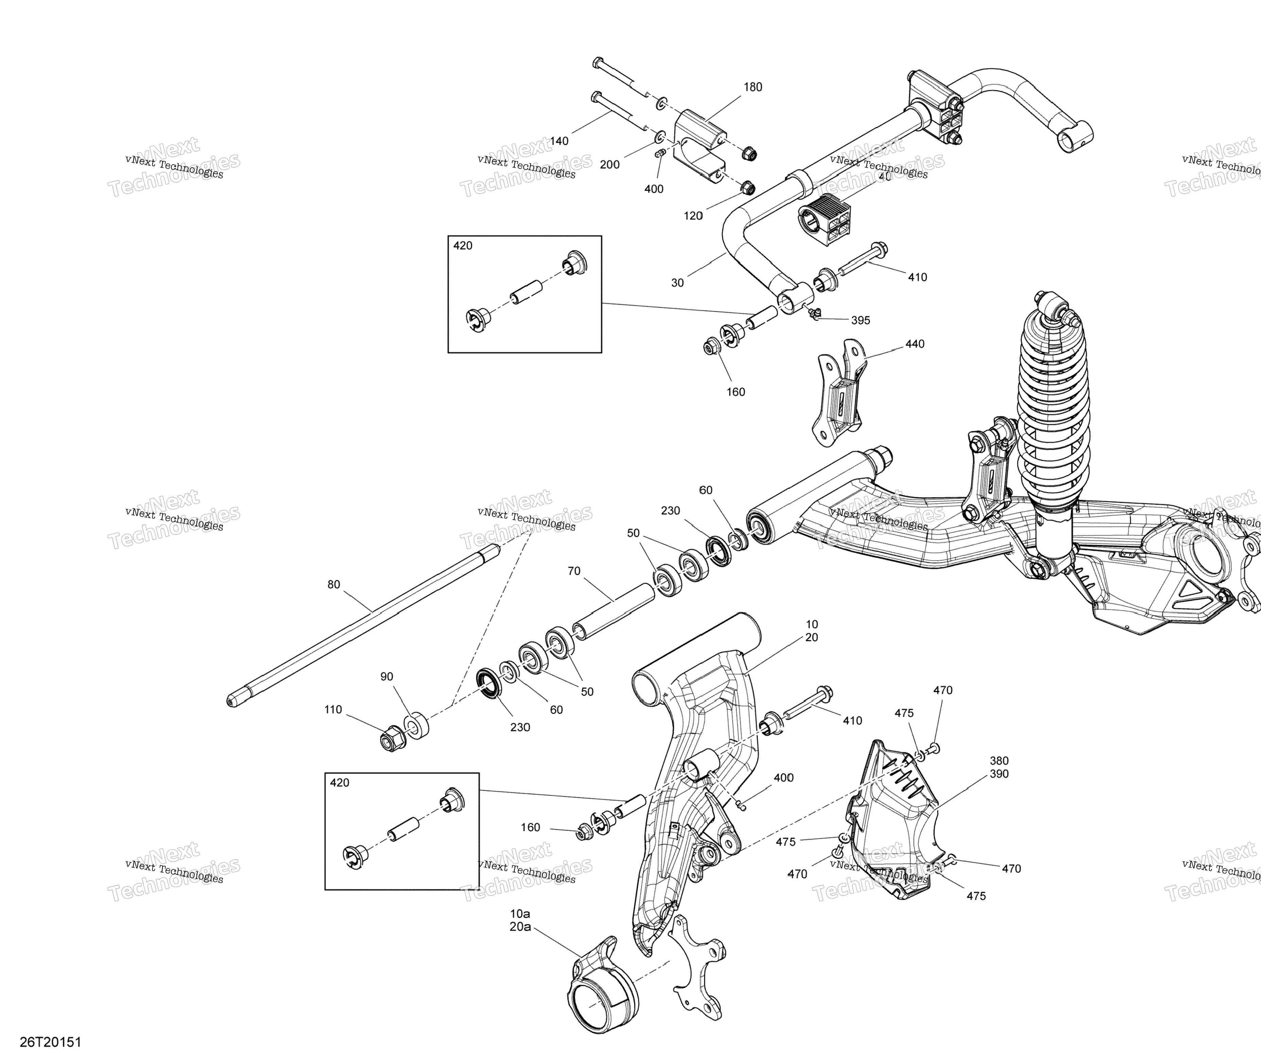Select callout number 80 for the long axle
(x=334, y=585)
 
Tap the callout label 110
(x=333, y=709)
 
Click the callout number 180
(x=753, y=87)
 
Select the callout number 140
(x=559, y=141)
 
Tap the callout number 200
(x=609, y=164)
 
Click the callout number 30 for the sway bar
(x=677, y=283)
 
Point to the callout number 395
(x=861, y=320)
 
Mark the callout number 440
(x=915, y=344)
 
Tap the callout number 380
(x=999, y=761)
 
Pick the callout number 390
(x=999, y=774)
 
